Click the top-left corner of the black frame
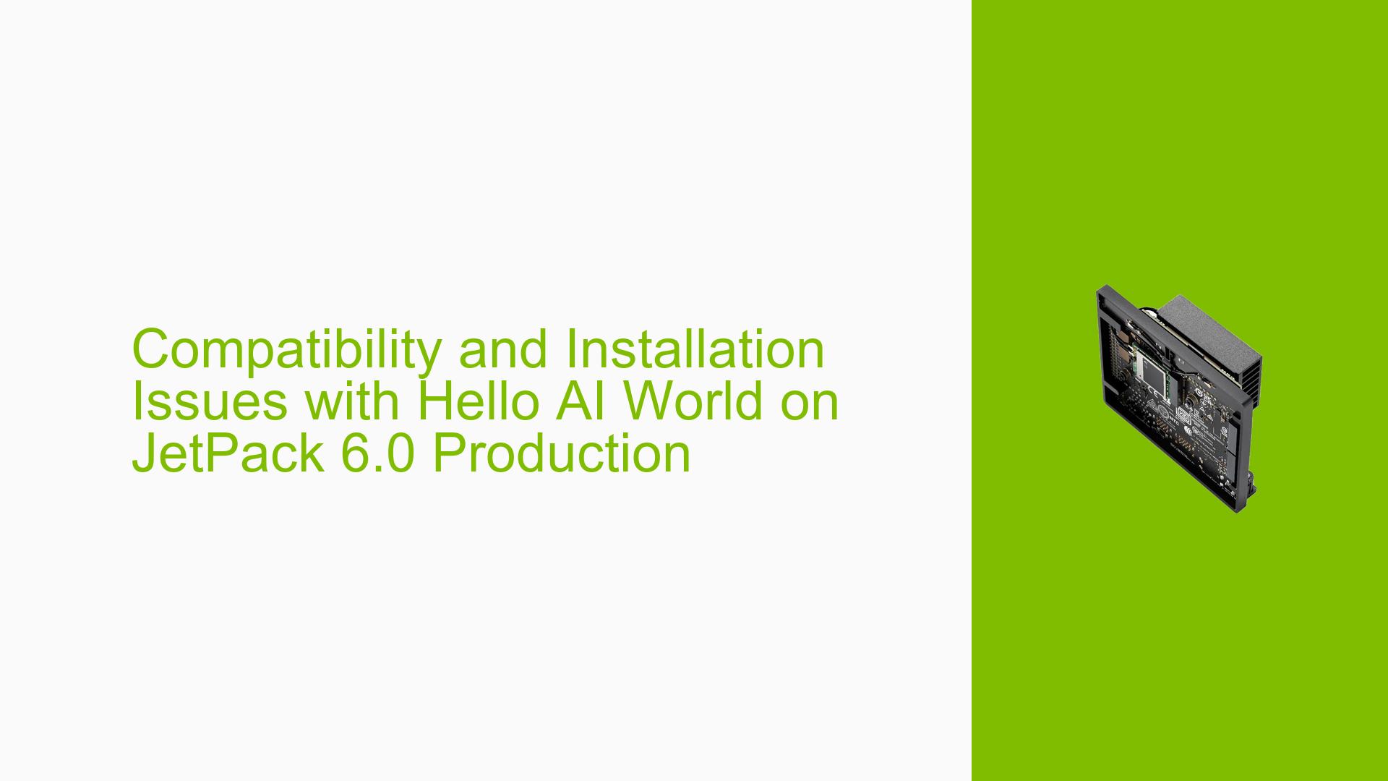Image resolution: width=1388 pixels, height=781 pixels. pos(1098,288)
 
